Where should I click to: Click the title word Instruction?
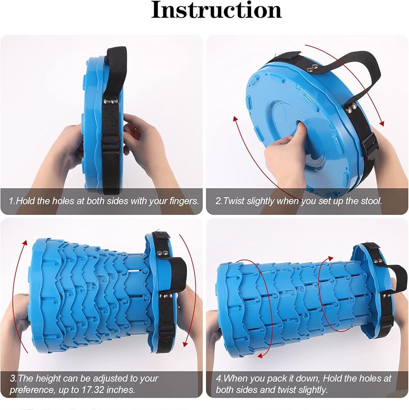pyautogui.click(x=217, y=10)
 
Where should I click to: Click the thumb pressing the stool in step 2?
pyautogui.click(x=302, y=130)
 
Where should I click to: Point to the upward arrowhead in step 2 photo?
pyautogui.click(x=235, y=119)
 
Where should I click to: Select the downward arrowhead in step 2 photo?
pyautogui.click(x=382, y=123)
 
